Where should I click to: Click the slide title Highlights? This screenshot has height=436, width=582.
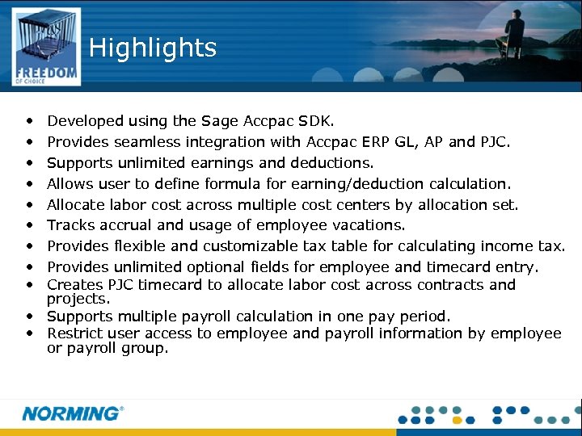tap(153, 48)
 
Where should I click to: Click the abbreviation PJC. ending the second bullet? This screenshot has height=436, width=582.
tap(494, 142)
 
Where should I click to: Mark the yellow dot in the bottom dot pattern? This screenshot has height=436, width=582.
tap(457, 420)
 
